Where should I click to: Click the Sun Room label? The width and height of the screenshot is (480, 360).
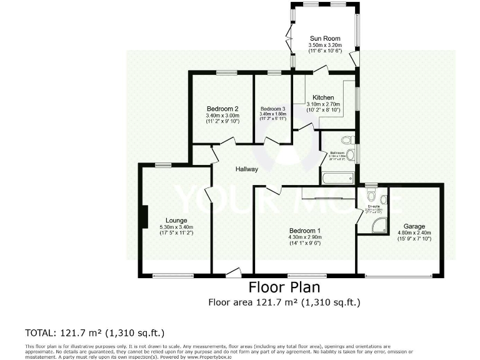pyautogui.click(x=324, y=38)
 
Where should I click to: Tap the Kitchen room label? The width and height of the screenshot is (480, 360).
pyautogui.click(x=323, y=97)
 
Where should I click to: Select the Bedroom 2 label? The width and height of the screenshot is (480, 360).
pyautogui.click(x=223, y=109)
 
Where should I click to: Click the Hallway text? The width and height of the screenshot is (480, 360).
pyautogui.click(x=247, y=169)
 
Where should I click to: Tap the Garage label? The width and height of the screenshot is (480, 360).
pyautogui.click(x=414, y=226)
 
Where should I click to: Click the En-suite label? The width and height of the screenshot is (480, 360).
pyautogui.click(x=374, y=206)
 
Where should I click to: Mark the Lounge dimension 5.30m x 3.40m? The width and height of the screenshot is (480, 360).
pyautogui.click(x=177, y=227)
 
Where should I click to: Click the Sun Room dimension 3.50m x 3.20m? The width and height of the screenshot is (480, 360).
pyautogui.click(x=324, y=45)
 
